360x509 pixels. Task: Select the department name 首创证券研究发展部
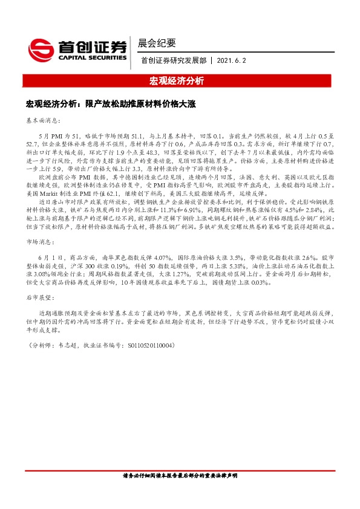pos(173,60)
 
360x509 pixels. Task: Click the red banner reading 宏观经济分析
pos(179,80)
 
